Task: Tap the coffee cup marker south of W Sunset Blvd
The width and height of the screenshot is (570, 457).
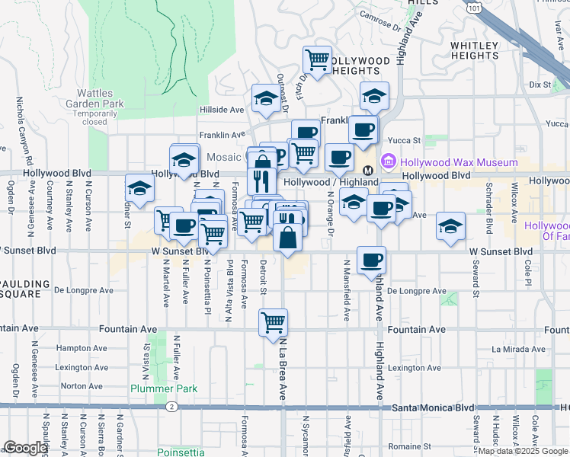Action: tap(371, 260)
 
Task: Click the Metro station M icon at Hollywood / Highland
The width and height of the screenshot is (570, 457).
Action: tap(367, 170)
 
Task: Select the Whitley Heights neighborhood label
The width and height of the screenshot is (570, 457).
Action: tap(474, 50)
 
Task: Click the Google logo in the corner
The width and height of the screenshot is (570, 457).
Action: tap(25, 448)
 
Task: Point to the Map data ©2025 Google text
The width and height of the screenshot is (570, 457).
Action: tap(524, 451)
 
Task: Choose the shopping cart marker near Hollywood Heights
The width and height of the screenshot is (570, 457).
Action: tap(316, 59)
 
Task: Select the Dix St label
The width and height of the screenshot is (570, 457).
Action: tap(540, 84)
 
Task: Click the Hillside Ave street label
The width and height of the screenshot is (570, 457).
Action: tap(221, 110)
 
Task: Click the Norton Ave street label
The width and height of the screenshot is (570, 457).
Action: tap(81, 386)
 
